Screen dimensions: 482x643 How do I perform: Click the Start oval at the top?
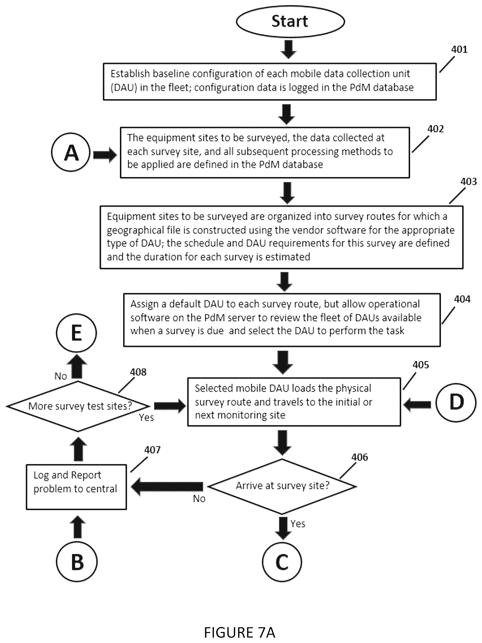pyautogui.click(x=290, y=21)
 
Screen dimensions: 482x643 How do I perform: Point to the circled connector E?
pyautogui.click(x=76, y=333)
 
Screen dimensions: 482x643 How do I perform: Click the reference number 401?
pyautogui.click(x=459, y=49)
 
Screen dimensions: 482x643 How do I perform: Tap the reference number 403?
pyautogui.click(x=468, y=182)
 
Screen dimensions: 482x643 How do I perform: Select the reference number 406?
pyautogui.click(x=360, y=457)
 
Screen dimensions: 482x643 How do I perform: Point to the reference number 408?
pyautogui.click(x=138, y=372)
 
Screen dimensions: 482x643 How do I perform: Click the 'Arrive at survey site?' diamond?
pyautogui.click(x=282, y=486)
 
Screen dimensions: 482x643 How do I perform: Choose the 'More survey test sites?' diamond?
pyautogui.click(x=78, y=406)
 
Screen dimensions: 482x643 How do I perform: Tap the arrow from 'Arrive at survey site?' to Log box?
pyautogui.click(x=167, y=486)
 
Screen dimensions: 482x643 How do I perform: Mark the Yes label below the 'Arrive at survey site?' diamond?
pyautogui.click(x=298, y=524)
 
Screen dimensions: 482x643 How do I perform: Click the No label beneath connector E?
pyautogui.click(x=61, y=376)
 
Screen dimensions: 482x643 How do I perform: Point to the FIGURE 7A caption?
pyautogui.click(x=240, y=632)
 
